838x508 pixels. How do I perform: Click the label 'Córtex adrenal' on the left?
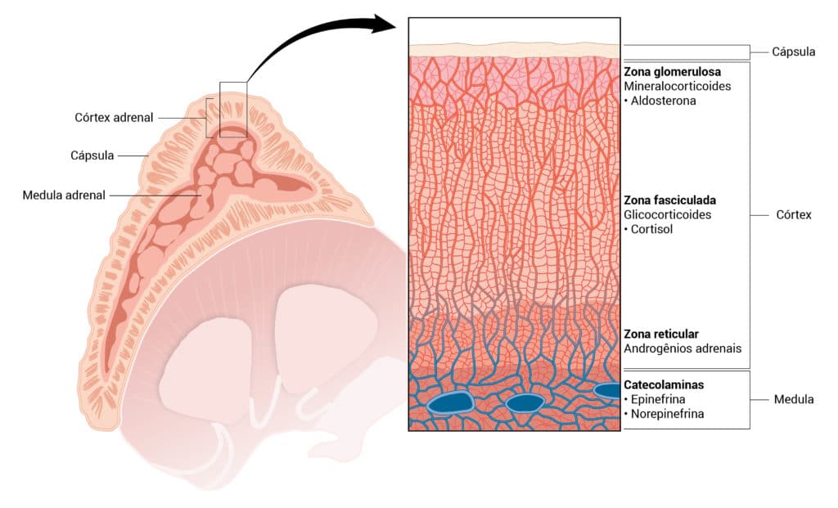(114, 118)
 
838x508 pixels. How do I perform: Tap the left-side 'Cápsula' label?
(92, 155)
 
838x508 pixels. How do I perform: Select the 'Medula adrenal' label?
(64, 195)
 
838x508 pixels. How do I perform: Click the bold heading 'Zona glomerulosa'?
(673, 72)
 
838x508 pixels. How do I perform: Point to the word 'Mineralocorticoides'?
(677, 86)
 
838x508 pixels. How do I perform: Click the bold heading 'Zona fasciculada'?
(669, 200)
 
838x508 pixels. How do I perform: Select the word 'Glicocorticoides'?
(668, 215)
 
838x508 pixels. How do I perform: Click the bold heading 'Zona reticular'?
(661, 334)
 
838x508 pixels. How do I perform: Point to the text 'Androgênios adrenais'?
(683, 348)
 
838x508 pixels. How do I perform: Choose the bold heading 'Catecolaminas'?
(664, 384)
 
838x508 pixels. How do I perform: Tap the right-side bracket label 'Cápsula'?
(794, 52)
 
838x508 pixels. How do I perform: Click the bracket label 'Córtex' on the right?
(794, 215)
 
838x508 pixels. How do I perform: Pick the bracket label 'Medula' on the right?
(794, 399)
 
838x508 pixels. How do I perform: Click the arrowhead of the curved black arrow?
(384, 25)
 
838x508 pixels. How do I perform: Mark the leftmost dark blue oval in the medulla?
(450, 402)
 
